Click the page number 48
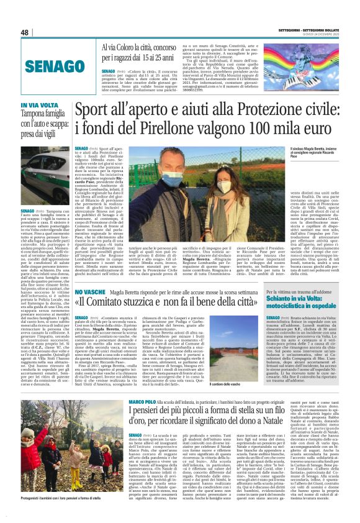click(25, 32)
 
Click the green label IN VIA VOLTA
click(37, 106)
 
